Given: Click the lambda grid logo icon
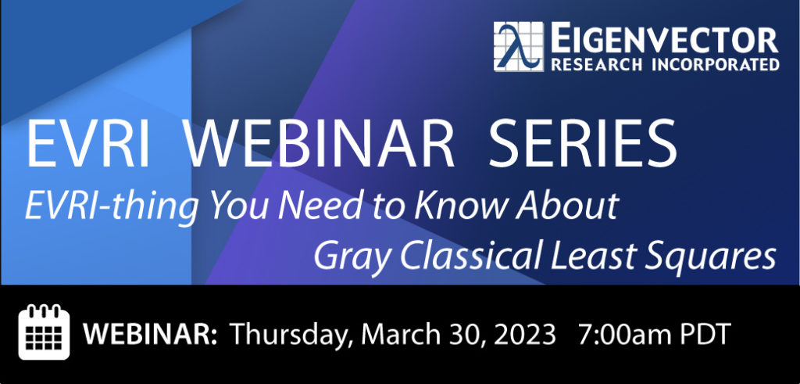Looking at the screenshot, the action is (519, 46).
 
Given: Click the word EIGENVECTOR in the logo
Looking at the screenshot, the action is (665, 39).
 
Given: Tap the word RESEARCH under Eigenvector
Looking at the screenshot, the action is (596, 64).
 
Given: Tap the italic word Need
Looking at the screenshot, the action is (312, 205).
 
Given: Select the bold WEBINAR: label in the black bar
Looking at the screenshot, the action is (151, 335).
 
